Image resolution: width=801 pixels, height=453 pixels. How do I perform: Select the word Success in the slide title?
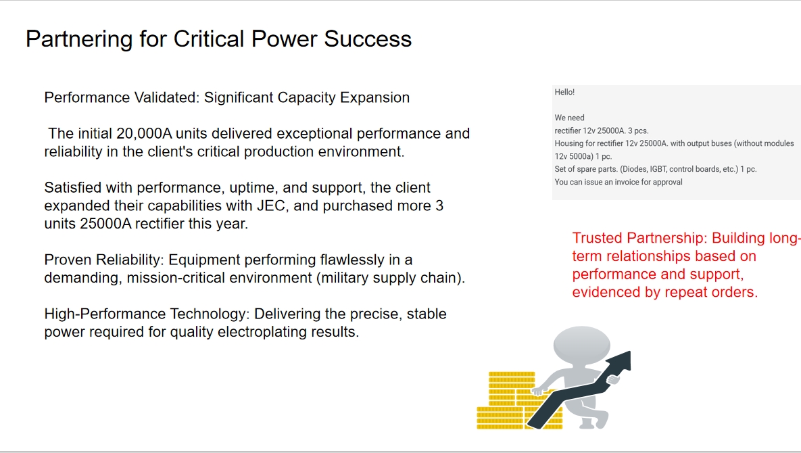pyautogui.click(x=368, y=39)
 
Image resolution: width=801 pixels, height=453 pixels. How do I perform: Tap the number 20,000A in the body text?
pyautogui.click(x=144, y=134)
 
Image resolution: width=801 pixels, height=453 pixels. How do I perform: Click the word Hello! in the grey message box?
pyautogui.click(x=564, y=92)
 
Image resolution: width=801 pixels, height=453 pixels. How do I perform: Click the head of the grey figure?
pyautogui.click(x=582, y=345)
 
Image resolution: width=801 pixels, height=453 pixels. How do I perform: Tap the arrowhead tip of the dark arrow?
pyautogui.click(x=631, y=352)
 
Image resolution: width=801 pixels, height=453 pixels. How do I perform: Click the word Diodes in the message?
pyautogui.click(x=633, y=169)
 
